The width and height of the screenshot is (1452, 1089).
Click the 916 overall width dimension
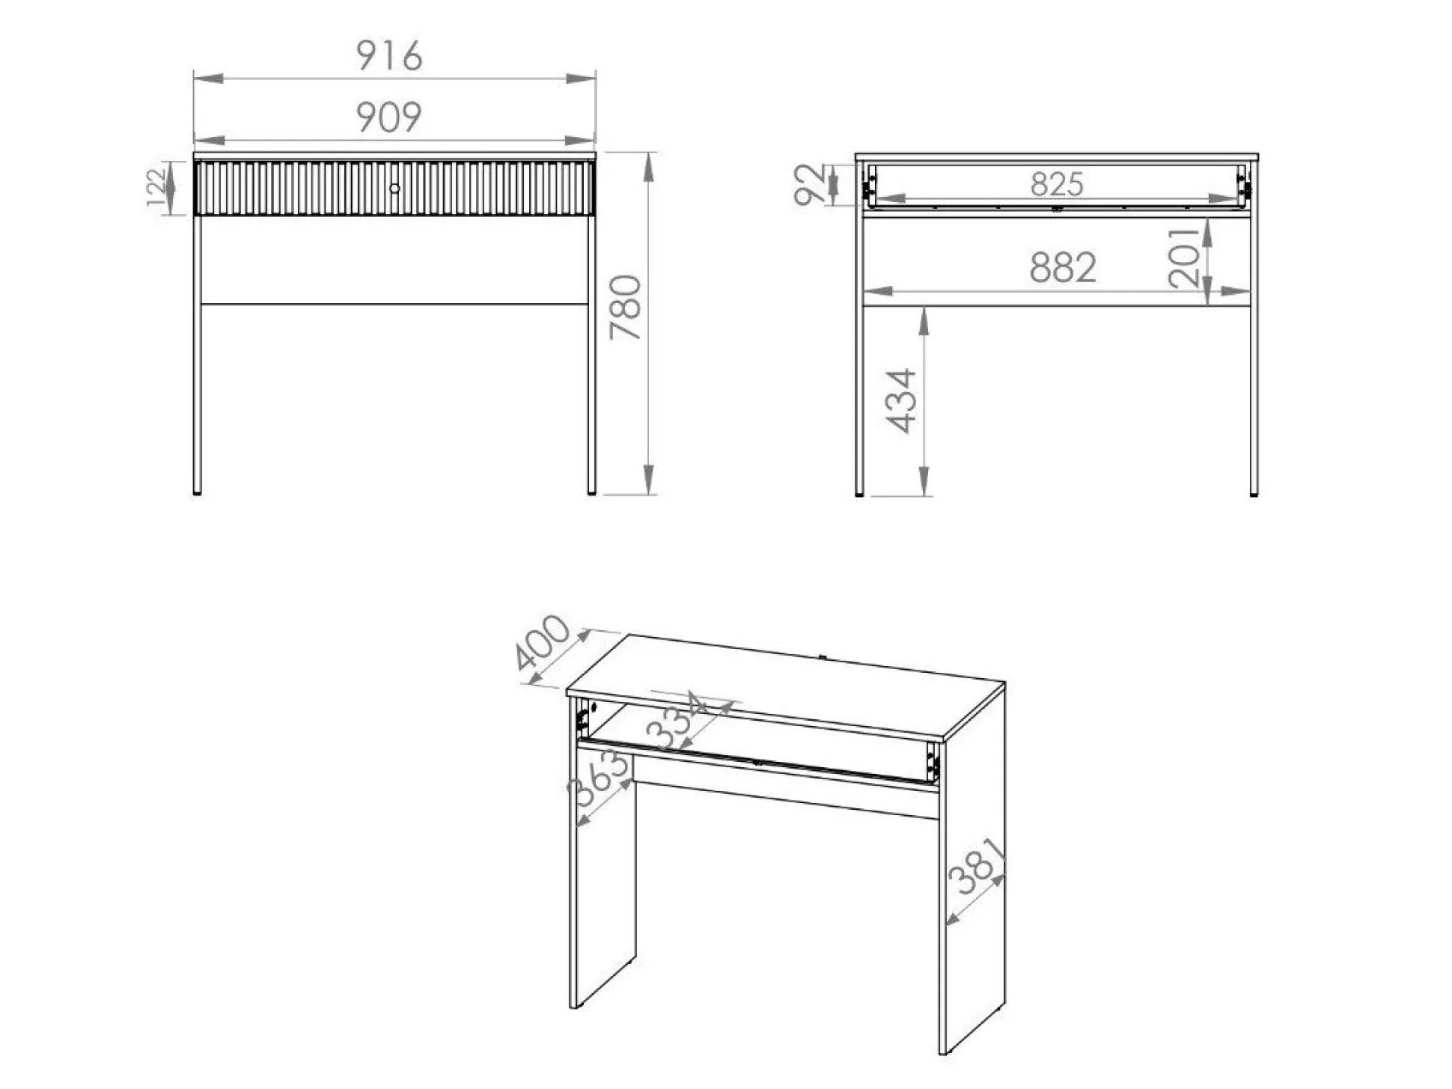click(388, 55)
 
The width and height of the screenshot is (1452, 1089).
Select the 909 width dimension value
click(388, 118)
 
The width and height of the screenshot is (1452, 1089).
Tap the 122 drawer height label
click(155, 188)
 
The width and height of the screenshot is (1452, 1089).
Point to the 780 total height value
click(626, 308)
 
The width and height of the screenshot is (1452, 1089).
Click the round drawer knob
click(394, 189)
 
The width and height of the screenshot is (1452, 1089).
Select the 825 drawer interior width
click(1056, 184)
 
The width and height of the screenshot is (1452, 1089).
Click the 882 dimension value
click(1063, 267)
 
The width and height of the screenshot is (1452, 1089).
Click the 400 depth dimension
click(543, 642)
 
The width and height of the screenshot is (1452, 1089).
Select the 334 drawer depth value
click(676, 722)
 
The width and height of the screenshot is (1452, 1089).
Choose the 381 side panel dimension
click(977, 866)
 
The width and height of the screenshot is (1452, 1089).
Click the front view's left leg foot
click(197, 492)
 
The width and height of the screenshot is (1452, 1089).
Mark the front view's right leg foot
click(591, 492)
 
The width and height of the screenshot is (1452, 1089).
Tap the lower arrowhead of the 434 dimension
click(924, 481)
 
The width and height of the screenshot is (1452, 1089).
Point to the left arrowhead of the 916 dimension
click(209, 78)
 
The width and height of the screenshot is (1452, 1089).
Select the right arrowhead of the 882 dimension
click(1235, 291)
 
